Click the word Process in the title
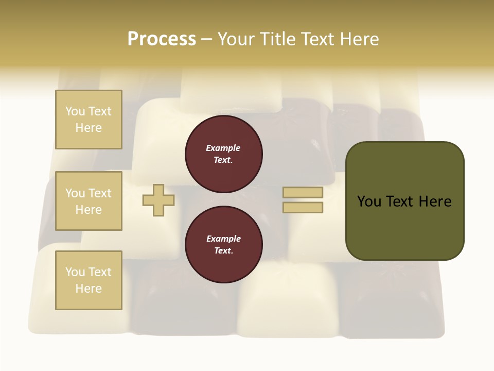click(x=162, y=39)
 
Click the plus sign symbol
click(x=158, y=200)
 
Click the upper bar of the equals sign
click(x=303, y=193)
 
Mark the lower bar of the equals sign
click(x=303, y=208)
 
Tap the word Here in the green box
click(x=434, y=201)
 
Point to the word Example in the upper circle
click(x=223, y=148)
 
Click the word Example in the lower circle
click(x=223, y=239)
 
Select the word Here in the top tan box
click(x=89, y=128)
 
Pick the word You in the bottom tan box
click(x=75, y=272)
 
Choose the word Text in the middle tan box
click(x=99, y=193)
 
